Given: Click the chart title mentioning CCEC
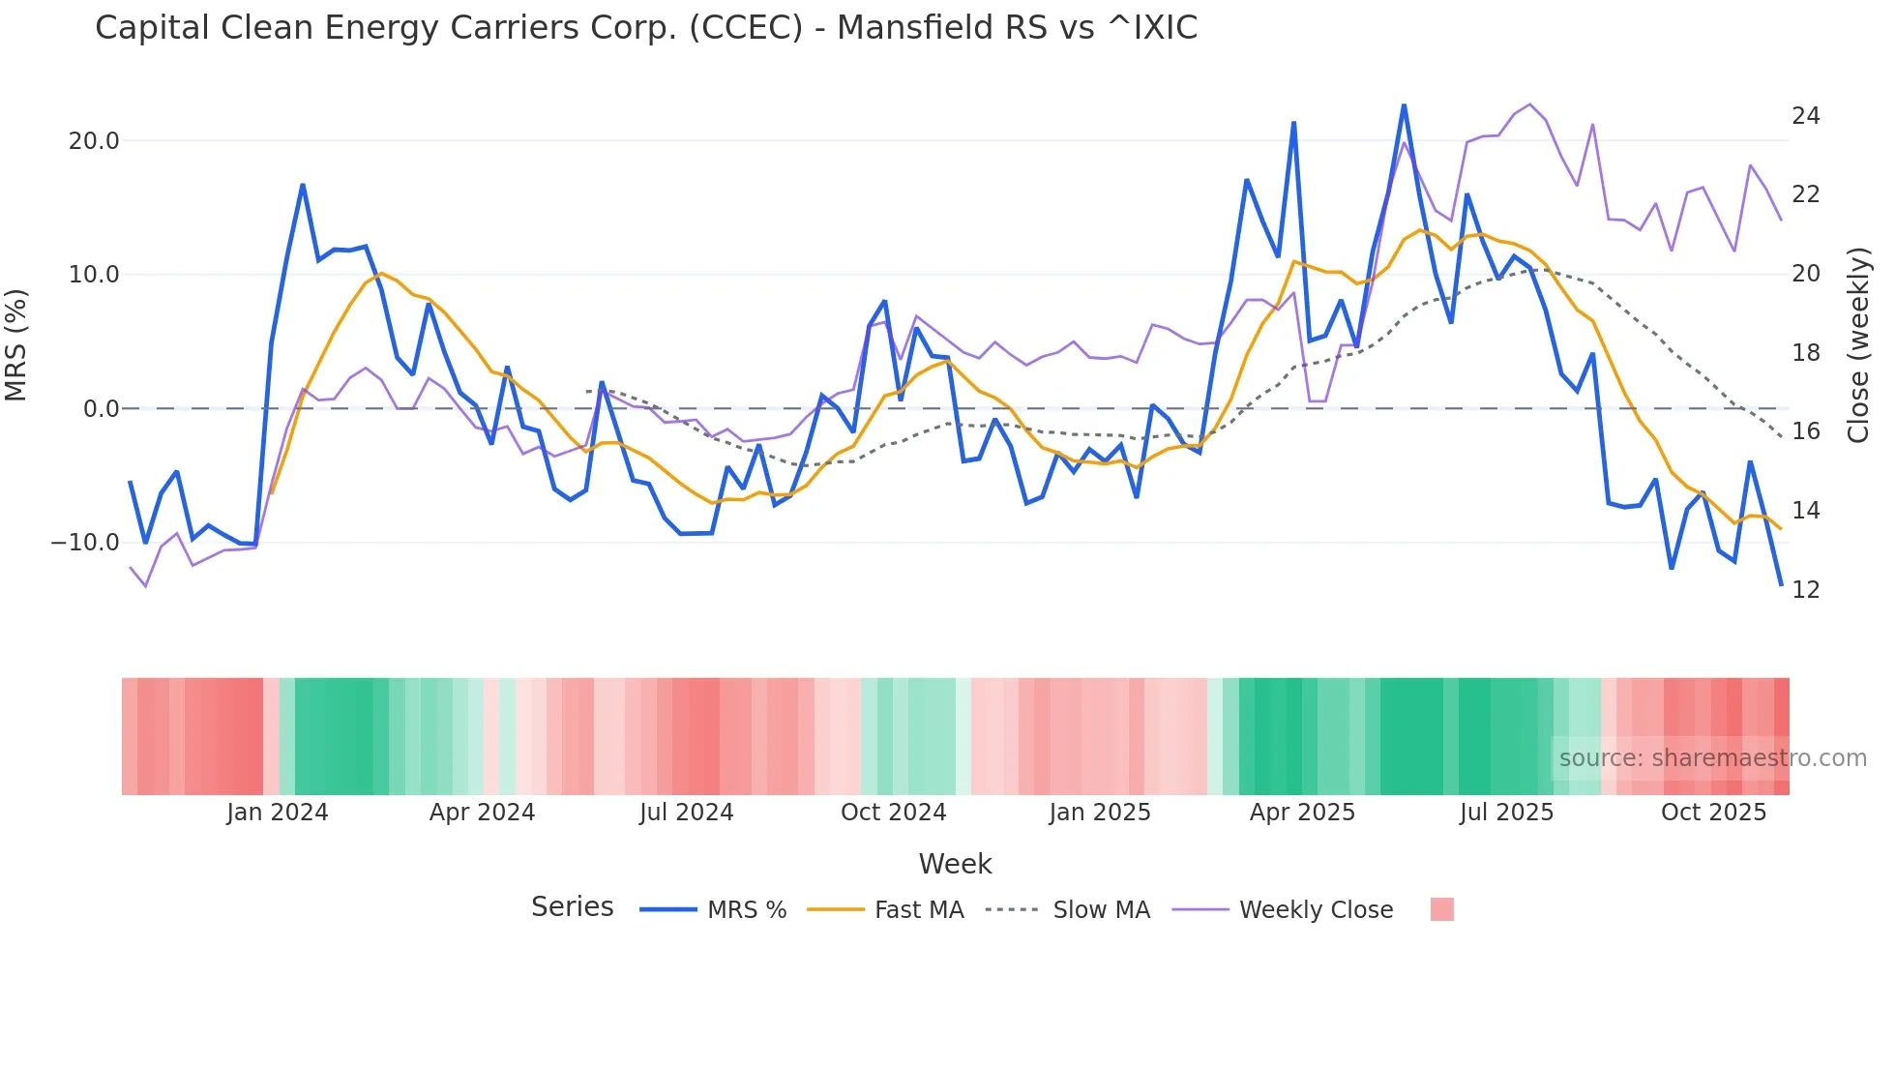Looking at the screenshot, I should (646, 28).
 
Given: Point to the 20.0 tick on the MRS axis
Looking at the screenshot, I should (94, 141).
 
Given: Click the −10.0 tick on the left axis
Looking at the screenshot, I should (85, 543).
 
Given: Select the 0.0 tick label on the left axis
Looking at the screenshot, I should (101, 409).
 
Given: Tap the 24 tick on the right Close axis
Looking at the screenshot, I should (1805, 116).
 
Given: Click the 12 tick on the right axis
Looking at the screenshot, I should (1805, 590).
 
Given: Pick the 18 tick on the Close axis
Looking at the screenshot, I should (1805, 353).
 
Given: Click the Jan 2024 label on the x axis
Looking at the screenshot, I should (278, 813).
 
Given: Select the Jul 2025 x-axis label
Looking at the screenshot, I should (1506, 813).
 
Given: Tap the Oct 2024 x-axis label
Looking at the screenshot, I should (893, 813).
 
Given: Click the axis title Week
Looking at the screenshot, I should (955, 864).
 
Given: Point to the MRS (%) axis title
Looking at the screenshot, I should (16, 344).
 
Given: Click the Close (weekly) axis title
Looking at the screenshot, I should (1858, 345).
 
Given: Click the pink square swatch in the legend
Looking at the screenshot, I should (1441, 910).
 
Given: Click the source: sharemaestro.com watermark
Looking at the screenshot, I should (1712, 758).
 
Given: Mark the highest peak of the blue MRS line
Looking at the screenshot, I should (1404, 105).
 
